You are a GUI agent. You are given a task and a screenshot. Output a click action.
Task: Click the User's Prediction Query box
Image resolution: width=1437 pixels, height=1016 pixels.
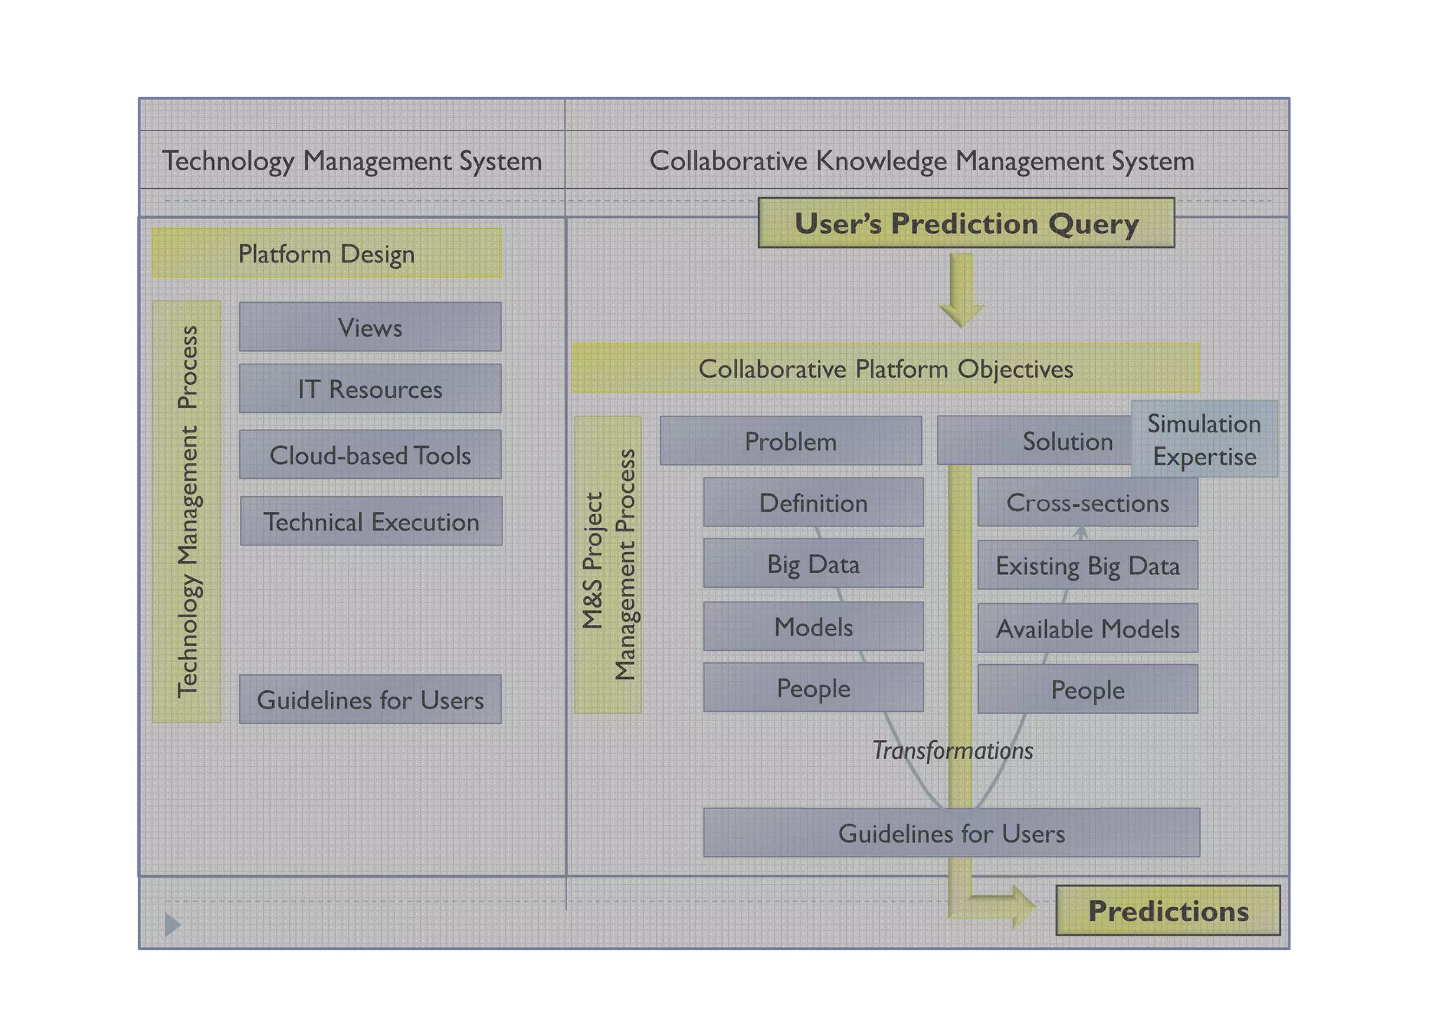pos(965,223)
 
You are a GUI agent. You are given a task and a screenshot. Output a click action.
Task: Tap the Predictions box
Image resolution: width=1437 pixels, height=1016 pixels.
pos(1168,911)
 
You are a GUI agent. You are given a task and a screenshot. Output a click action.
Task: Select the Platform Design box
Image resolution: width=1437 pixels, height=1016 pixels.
pos(326,253)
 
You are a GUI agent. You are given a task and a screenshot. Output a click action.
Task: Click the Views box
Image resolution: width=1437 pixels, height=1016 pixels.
pos(370,327)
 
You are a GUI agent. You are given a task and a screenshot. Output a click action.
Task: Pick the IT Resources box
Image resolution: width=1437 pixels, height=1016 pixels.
pos(370,388)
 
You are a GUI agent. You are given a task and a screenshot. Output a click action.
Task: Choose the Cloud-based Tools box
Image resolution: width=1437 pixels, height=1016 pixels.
pos(370,455)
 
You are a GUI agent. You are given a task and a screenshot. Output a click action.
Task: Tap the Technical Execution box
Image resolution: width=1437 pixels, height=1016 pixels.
pos(370,521)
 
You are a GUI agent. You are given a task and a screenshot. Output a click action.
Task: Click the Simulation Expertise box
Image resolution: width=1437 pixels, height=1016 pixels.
pos(1204,440)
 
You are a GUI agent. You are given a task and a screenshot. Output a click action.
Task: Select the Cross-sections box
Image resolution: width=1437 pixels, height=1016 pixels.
pos(1087,503)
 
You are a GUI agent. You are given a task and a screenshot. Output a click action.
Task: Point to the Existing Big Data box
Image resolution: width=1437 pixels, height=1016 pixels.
pos(1087,565)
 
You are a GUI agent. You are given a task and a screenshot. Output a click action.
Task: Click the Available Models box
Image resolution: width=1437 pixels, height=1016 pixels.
pos(1087,628)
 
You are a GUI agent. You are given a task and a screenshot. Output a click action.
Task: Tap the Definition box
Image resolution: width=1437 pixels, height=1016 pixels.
pos(813,503)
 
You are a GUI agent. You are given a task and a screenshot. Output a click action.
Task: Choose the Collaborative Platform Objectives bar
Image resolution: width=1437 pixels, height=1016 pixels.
pos(885,368)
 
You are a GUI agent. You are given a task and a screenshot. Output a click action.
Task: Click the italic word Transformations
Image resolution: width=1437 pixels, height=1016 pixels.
pos(952,751)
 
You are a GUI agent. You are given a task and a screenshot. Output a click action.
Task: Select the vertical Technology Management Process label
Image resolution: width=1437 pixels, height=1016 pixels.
pos(187,511)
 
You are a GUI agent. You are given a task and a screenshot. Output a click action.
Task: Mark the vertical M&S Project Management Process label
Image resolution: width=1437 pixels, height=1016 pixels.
pos(608,565)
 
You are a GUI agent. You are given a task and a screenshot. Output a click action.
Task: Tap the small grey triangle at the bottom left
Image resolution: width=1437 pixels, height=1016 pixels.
pos(172,924)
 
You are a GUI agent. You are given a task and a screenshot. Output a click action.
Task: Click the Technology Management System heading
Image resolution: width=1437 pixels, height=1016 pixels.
pos(352,161)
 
